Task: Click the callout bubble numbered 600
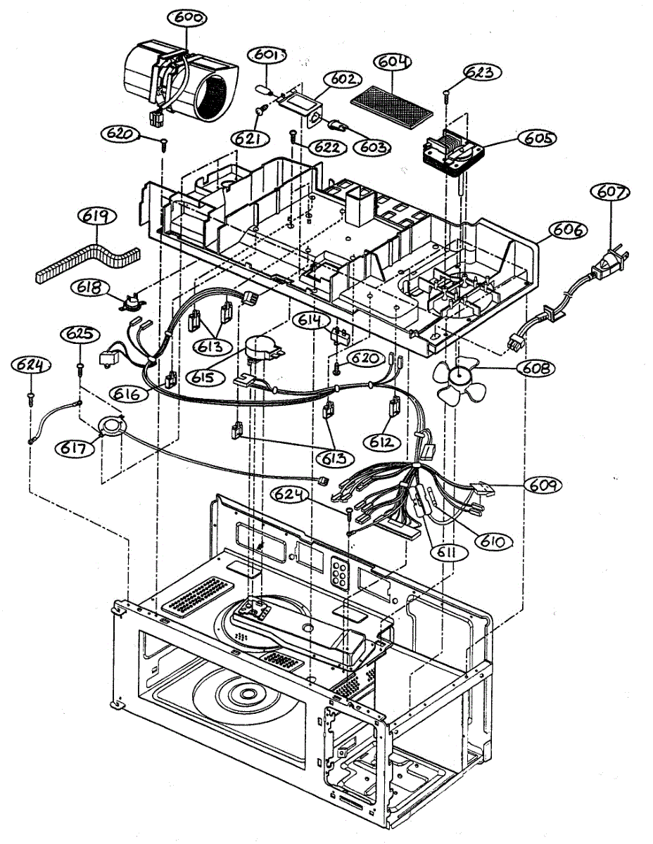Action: [187, 18]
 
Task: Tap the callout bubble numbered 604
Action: [393, 62]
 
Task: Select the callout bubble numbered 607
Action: [609, 193]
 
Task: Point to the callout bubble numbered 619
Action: [97, 217]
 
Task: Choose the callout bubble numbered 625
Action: [80, 334]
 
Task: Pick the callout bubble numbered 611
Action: [449, 552]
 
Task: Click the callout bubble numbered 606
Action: [568, 230]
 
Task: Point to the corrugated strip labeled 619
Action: [88, 264]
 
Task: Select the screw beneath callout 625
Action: [80, 369]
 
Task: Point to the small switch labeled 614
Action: [340, 335]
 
